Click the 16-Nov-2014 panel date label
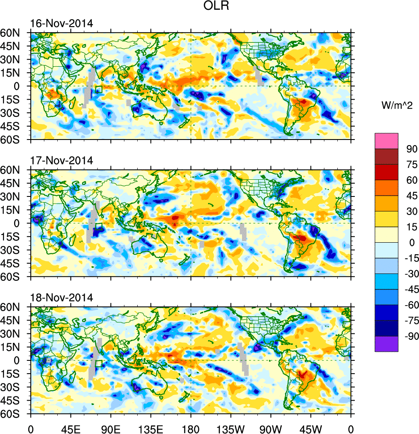tap(61, 23)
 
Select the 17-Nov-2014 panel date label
tap(61, 161)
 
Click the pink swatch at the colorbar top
tap(387, 141)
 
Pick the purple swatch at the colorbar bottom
tap(387, 345)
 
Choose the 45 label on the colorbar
tap(411, 196)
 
